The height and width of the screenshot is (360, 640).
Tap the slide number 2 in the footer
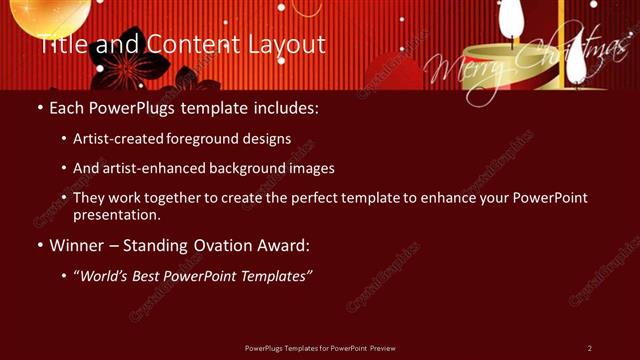[590, 348]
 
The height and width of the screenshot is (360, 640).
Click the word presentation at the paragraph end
[116, 215]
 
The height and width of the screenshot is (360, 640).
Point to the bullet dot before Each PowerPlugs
[39, 106]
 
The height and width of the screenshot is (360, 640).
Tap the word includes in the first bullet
[288, 106]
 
